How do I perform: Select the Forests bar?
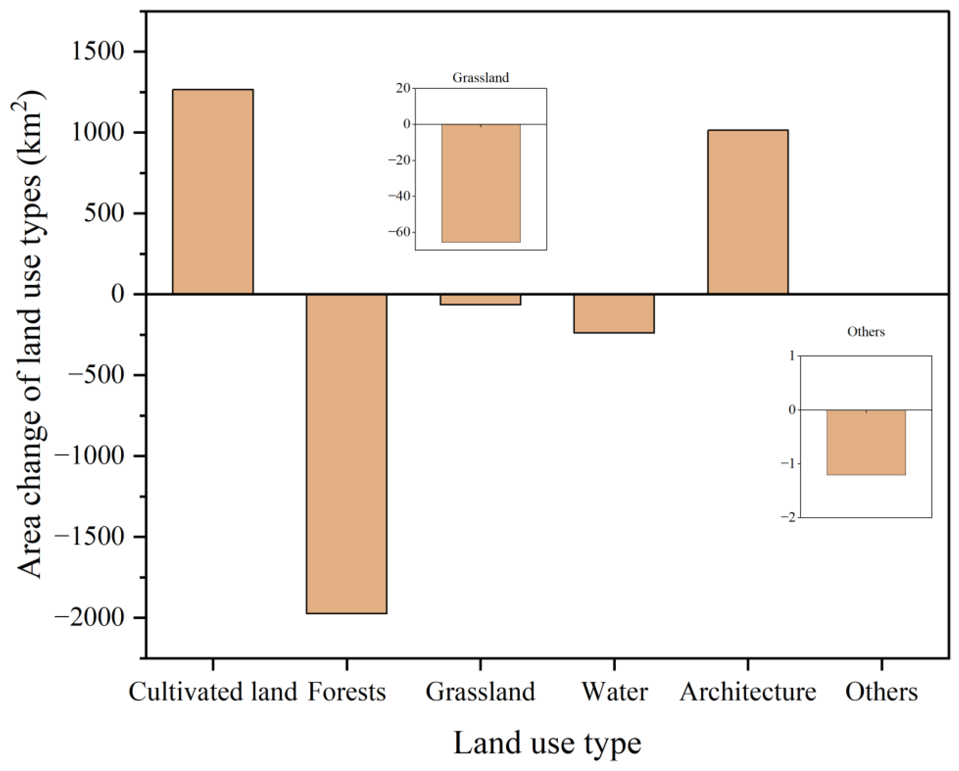click(346, 454)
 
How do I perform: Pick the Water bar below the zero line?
click(614, 313)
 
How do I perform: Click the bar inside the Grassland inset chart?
click(481, 183)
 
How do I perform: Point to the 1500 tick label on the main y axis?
click(97, 52)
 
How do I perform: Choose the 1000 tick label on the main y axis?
click(97, 133)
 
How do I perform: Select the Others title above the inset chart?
click(866, 332)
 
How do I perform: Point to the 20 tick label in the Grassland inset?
click(404, 88)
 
